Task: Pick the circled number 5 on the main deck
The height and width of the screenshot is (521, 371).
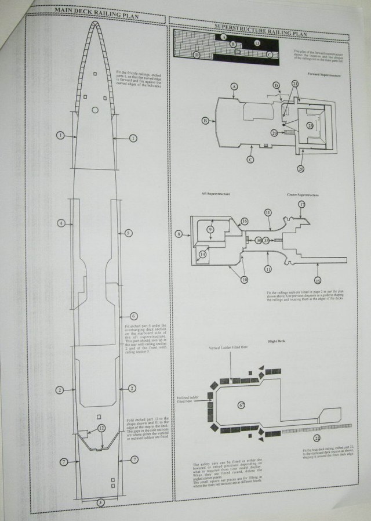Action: coord(129,233)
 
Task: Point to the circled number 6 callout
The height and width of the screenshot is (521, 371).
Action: coord(133,316)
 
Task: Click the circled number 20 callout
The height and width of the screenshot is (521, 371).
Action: coord(301,169)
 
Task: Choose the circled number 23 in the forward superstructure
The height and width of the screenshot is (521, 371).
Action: coord(310,125)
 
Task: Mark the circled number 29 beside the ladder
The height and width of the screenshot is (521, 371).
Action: coord(274,133)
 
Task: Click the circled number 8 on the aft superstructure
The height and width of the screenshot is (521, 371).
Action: coord(179,234)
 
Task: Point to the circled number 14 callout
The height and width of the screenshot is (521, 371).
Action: coord(203,254)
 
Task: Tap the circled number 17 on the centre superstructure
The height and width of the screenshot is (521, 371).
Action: coord(302,205)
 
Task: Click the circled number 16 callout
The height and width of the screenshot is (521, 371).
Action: coord(244,221)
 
